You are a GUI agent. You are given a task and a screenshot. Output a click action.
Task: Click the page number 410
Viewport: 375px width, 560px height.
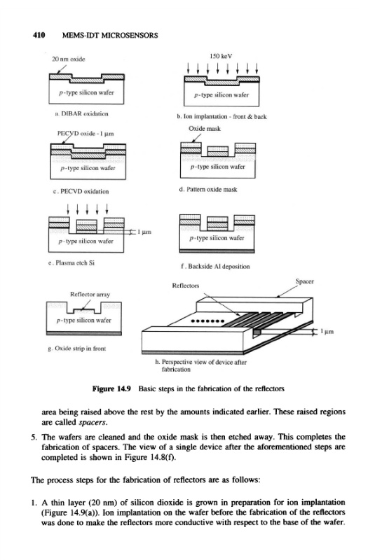tap(39, 35)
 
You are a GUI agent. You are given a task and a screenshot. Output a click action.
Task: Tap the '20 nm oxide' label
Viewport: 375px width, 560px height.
tap(69, 59)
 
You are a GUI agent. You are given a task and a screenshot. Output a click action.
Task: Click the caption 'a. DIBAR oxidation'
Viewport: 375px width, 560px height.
tap(81, 114)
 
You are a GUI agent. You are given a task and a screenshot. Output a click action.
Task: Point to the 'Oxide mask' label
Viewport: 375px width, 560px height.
tap(205, 129)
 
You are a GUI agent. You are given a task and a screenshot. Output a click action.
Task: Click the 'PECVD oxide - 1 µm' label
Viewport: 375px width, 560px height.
tap(86, 134)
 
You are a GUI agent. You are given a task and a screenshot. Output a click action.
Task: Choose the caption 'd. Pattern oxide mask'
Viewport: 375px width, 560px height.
tap(208, 189)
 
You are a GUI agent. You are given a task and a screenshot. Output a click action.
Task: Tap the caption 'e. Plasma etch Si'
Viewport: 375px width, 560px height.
tap(71, 263)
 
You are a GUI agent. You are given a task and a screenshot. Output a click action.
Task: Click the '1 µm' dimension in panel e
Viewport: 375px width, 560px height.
tap(144, 232)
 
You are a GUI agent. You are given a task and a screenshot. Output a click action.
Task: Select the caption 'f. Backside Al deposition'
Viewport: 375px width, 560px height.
tap(216, 266)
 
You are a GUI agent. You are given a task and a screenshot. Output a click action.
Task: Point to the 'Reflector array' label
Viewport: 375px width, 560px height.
tap(90, 294)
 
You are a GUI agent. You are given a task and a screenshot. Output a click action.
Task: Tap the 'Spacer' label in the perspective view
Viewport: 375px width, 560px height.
tap(305, 281)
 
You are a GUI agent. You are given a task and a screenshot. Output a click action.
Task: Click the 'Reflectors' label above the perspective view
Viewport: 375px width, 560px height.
tap(186, 286)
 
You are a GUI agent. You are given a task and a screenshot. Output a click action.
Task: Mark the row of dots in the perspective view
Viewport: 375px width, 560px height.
tap(207, 321)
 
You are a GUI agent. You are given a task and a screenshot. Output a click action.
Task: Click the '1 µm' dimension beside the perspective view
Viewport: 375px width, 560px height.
tap(327, 331)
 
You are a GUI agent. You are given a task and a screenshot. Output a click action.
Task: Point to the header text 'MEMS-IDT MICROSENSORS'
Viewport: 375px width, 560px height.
tap(110, 36)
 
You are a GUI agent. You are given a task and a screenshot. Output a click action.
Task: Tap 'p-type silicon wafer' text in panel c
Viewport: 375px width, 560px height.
tap(88, 168)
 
